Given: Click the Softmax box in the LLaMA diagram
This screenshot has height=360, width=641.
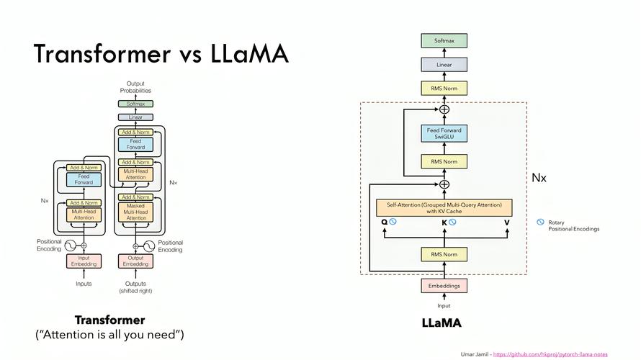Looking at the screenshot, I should pyautogui.click(x=444, y=41).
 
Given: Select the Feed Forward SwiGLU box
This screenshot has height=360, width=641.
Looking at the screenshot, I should pyautogui.click(x=444, y=134).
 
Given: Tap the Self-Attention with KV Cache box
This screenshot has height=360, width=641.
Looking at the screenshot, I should pyautogui.click(x=444, y=207).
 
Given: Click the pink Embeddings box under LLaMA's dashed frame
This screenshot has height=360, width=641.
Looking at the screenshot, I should pyautogui.click(x=444, y=286).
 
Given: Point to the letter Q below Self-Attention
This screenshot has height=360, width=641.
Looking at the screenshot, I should pyautogui.click(x=385, y=222).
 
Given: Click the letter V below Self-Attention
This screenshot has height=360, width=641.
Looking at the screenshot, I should pyautogui.click(x=506, y=222).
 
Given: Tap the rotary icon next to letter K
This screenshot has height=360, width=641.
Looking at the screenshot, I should pyautogui.click(x=452, y=222).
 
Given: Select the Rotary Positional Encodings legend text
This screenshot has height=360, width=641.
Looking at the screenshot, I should pyautogui.click(x=573, y=226).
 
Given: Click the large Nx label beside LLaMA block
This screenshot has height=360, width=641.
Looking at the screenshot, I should pyautogui.click(x=539, y=177).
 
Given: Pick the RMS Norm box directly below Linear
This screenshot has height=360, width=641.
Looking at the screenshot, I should pyautogui.click(x=444, y=89).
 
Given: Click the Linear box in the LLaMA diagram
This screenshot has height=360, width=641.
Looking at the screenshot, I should pyautogui.click(x=444, y=65).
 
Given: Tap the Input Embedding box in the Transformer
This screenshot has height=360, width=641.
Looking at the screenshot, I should pyautogui.click(x=84, y=261).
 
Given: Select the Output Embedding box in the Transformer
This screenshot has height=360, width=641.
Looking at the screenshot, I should pyautogui.click(x=135, y=261).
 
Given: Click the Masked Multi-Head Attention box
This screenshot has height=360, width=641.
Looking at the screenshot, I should pyautogui.click(x=135, y=212).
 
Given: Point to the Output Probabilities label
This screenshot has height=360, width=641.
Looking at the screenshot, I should pyautogui.click(x=135, y=87).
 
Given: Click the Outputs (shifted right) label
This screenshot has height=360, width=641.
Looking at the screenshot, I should pyautogui.click(x=135, y=287).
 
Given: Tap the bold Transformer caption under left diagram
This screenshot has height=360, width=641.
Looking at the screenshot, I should pyautogui.click(x=109, y=320).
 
